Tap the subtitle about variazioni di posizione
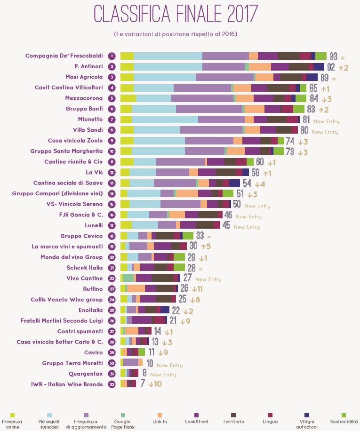pos(176,34)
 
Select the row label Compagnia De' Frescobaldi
pos(64,56)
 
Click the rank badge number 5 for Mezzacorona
pos(112,98)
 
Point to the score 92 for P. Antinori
pos(331,67)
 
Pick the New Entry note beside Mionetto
pos(326,121)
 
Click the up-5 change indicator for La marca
pos(206,246)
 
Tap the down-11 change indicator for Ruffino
pos(197,289)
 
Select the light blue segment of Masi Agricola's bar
pos(165,77)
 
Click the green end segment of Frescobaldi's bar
pos(321,56)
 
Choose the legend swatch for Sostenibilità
pos(344,415)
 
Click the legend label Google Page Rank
pos(123,424)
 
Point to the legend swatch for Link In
pos(160,415)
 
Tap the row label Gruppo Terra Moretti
pos(72,363)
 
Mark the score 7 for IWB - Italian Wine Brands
pos(142,384)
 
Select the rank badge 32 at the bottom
pos(112,384)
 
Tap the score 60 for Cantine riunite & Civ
pos(259,162)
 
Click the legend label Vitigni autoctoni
pos(307,424)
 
